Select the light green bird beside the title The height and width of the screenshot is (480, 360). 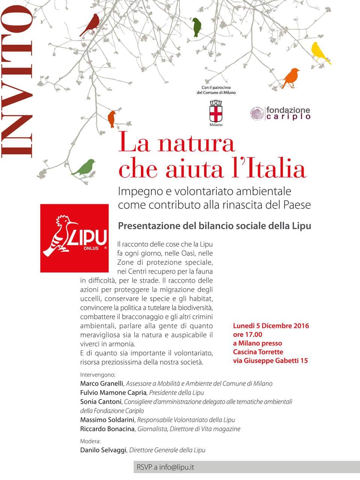[x=85, y=167]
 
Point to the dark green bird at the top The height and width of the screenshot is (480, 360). [x=196, y=27]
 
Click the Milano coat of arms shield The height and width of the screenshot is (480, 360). [x=215, y=113]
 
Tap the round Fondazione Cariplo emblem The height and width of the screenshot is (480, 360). [x=257, y=113]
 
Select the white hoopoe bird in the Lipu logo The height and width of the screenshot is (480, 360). [x=59, y=236]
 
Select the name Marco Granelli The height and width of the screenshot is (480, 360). [x=102, y=384]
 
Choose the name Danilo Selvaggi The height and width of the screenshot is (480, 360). [x=103, y=450]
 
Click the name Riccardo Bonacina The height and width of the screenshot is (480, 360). [x=107, y=429]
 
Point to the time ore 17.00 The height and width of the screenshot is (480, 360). [x=247, y=335]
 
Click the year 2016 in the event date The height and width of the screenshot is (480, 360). [x=299, y=326]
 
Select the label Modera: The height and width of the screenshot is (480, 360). [x=90, y=441]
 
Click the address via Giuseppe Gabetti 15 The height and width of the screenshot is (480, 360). [x=270, y=361]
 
